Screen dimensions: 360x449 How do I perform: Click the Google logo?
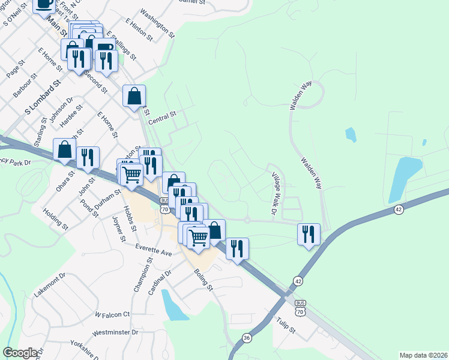tap(20, 353)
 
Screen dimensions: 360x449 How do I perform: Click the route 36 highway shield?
tap(247, 339)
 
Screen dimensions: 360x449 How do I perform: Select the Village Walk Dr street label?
tap(275, 194)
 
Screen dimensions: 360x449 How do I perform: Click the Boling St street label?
tap(203, 279)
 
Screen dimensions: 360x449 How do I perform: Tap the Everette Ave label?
tap(153, 250)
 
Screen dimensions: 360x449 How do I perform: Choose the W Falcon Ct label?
tap(112, 314)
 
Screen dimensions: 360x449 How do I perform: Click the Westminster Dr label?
tap(115, 332)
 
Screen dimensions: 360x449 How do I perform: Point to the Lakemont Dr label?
tap(50, 284)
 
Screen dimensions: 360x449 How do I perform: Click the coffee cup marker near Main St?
tap(43, 4)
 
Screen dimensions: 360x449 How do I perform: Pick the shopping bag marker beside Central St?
tap(134, 96)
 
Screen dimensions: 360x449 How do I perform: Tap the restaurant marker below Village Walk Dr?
tap(309, 234)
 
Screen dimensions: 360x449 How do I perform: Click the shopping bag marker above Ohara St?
tap(64, 150)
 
